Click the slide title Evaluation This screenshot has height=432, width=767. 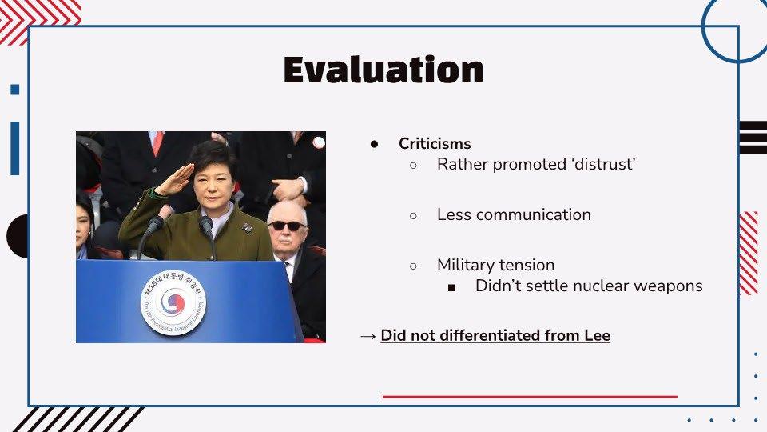click(x=383, y=70)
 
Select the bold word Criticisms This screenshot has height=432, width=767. click(x=435, y=143)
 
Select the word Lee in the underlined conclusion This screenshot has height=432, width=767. click(x=598, y=335)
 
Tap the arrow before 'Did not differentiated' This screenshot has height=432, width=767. click(x=368, y=336)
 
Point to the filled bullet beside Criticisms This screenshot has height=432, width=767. click(x=374, y=144)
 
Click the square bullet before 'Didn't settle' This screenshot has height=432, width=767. click(x=451, y=287)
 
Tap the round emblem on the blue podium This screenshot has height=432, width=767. click(x=173, y=302)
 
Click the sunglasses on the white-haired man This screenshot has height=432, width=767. click(x=287, y=226)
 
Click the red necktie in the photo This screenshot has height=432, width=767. click(x=158, y=142)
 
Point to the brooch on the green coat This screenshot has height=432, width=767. click(x=247, y=227)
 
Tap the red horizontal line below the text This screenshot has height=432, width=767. click(x=530, y=397)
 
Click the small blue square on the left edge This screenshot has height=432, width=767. click(x=14, y=90)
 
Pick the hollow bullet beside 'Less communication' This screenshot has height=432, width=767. click(x=413, y=215)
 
